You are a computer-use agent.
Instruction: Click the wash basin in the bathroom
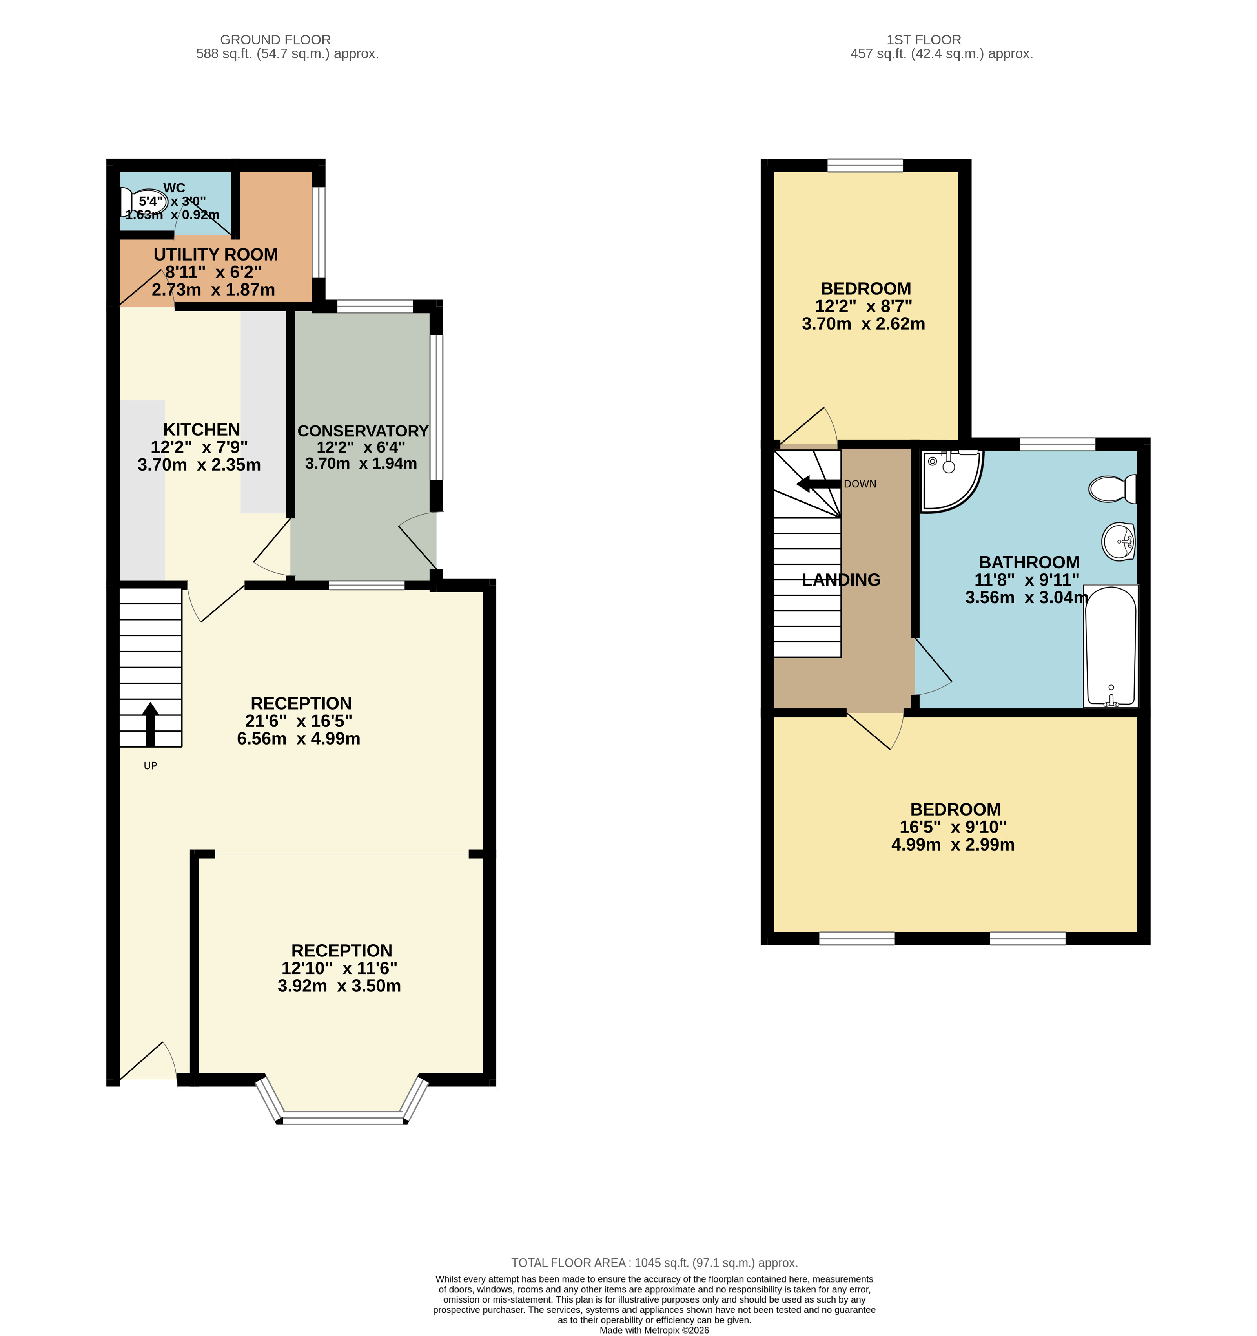pos(1119,541)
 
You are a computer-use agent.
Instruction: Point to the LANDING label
pos(841,579)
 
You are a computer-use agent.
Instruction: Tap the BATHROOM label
pos(1029,562)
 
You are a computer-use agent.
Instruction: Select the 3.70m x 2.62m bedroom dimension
pos(864,324)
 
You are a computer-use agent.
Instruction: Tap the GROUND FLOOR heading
pos(275,40)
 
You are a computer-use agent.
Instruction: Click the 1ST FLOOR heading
pos(924,40)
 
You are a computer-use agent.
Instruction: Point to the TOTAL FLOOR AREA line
pos(654,1263)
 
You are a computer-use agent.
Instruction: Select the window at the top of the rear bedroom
pos(865,165)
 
